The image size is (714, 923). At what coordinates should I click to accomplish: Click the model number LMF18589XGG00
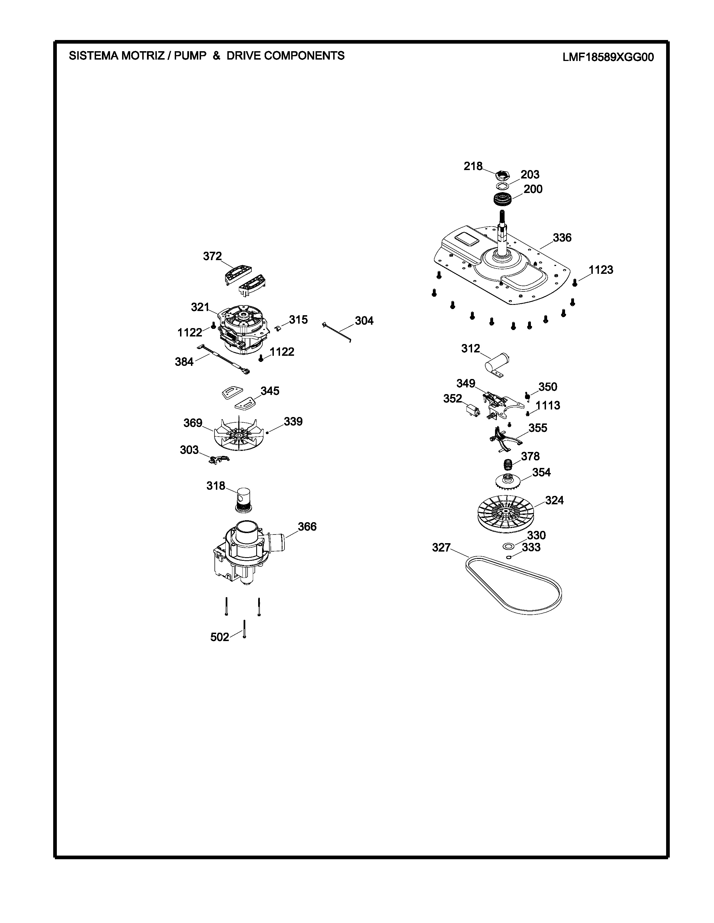pyautogui.click(x=608, y=57)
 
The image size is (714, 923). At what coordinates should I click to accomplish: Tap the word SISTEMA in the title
pyautogui.click(x=93, y=55)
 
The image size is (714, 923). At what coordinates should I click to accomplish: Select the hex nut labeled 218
pyautogui.click(x=502, y=174)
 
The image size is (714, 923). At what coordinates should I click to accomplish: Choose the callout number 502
pyautogui.click(x=220, y=637)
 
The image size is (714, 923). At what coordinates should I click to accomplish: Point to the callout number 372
pyautogui.click(x=212, y=256)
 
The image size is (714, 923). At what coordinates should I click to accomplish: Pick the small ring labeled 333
pyautogui.click(x=508, y=557)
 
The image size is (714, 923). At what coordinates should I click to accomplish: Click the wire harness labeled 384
pyautogui.click(x=224, y=359)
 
